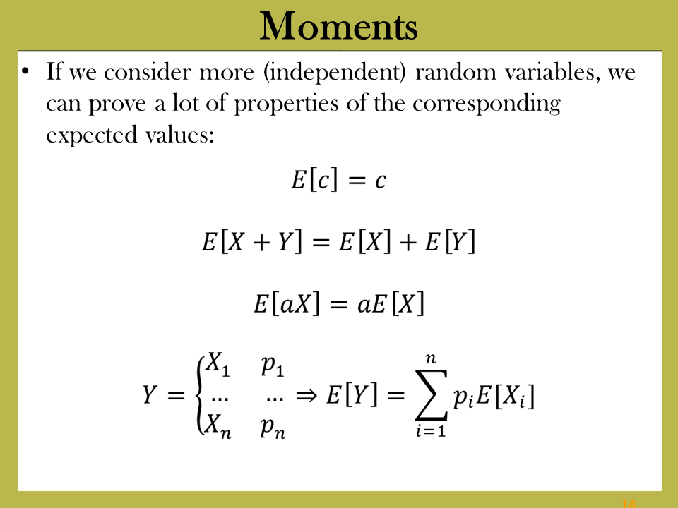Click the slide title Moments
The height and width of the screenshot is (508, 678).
338,26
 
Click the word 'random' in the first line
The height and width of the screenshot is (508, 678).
456,72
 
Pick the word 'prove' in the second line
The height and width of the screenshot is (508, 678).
117,104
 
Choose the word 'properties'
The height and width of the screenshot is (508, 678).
286,104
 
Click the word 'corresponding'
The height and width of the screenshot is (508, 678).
487,104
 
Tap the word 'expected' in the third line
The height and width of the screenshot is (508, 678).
92,135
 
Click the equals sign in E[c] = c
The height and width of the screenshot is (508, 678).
357,181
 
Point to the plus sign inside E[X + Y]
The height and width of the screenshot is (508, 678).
261,242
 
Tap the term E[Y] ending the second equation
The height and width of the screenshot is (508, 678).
450,241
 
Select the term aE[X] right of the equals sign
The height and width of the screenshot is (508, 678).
391,303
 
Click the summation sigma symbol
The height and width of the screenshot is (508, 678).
431,395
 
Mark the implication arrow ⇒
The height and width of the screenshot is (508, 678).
307,395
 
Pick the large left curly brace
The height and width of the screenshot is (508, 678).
200,395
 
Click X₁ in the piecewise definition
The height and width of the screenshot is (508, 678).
218,364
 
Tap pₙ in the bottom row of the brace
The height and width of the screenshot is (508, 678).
273,428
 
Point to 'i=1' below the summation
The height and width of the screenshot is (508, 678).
431,430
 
